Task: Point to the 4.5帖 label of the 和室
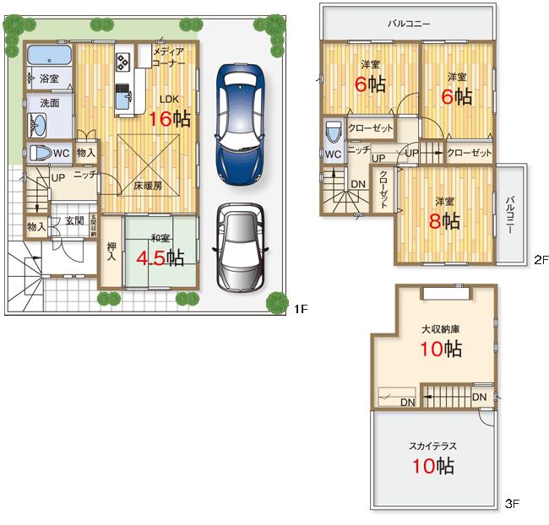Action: click(160, 256)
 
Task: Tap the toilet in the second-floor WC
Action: click(333, 133)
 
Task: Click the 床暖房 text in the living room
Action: click(148, 184)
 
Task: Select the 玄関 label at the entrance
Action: click(74, 221)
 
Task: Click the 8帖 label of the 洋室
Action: click(444, 221)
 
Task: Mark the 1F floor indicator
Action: click(301, 310)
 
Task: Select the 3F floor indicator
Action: click(512, 504)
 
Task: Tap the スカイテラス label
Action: click(434, 445)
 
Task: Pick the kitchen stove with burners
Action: click(122, 62)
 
